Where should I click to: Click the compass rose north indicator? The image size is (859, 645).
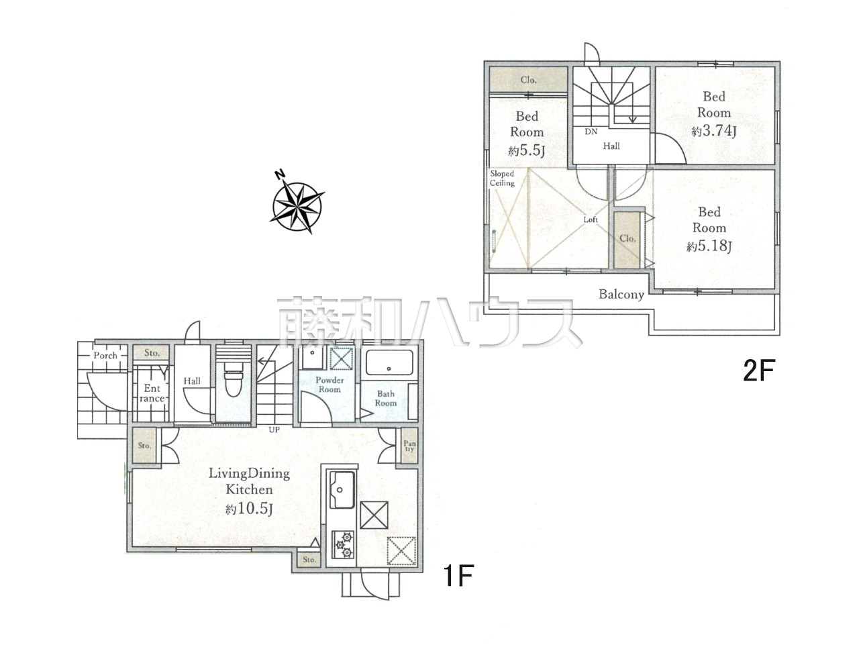tap(279, 175)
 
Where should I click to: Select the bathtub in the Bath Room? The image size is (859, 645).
tap(389, 362)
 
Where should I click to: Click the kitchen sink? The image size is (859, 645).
tap(342, 489)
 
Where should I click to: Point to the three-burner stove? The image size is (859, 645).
tap(343, 544)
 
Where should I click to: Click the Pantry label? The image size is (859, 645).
tap(409, 446)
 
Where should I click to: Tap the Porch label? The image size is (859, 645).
tap(105, 356)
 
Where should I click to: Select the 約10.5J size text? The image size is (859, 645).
tap(249, 509)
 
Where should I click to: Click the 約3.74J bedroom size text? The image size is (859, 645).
tap(714, 131)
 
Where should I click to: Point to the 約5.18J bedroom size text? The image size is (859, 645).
tap(709, 246)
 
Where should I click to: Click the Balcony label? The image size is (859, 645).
tap(621, 295)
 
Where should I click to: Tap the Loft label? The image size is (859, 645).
tap(591, 219)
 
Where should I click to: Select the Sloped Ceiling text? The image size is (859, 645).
tap(502, 178)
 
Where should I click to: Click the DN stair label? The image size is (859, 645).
tap(591, 132)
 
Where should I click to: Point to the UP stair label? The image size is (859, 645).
tap(274, 430)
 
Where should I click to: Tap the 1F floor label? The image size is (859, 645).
tap(458, 575)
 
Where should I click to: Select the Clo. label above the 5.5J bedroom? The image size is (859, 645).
tap(528, 80)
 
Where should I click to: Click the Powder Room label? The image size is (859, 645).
tap(330, 385)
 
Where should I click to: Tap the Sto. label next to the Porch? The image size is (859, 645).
tap(152, 352)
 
